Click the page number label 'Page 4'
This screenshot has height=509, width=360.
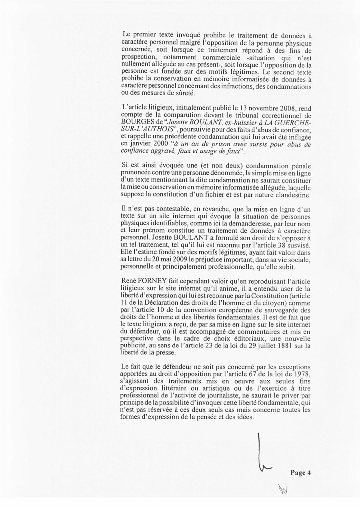(300, 472)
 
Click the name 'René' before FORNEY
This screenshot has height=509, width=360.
(128, 281)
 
